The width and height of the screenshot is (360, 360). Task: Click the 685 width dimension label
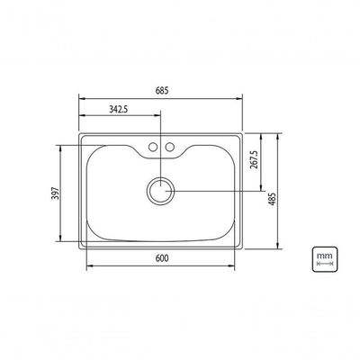click(x=162, y=91)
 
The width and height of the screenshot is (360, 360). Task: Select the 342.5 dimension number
click(x=118, y=109)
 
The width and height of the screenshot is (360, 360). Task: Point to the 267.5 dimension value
click(x=254, y=159)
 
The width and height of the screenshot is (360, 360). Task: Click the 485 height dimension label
click(x=273, y=199)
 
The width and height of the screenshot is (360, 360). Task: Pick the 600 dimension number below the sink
click(x=162, y=258)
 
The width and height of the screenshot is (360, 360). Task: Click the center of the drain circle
click(x=161, y=191)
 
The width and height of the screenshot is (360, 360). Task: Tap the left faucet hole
click(x=153, y=147)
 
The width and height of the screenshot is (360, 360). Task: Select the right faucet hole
click(x=170, y=147)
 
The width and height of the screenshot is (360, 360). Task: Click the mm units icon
click(x=325, y=259)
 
